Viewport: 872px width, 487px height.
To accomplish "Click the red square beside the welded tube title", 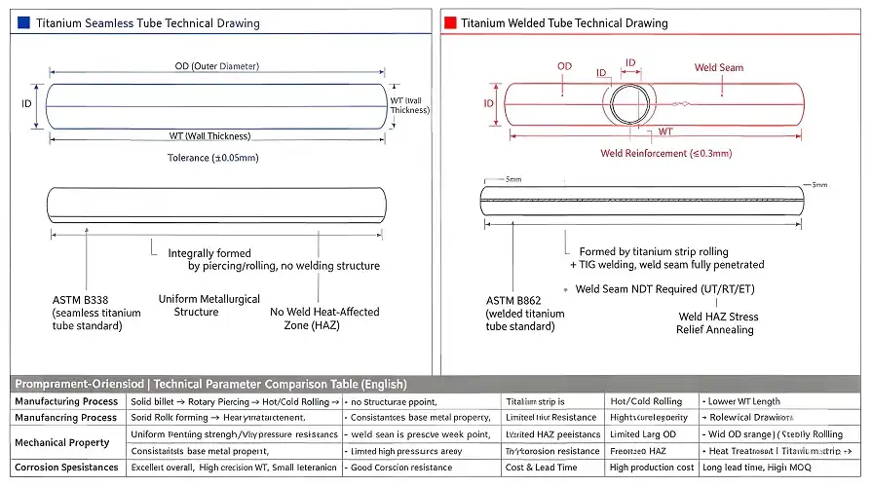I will [x=450, y=22].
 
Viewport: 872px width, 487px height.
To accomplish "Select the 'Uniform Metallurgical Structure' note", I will [x=209, y=306].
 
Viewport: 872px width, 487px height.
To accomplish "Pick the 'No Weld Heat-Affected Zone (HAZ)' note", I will [x=324, y=318].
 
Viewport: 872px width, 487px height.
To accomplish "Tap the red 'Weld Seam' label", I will [x=718, y=67].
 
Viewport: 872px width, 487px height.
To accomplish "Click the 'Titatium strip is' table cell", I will [x=535, y=401].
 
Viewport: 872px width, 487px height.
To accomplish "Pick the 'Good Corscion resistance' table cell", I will [x=401, y=468].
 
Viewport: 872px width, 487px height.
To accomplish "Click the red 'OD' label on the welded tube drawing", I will [x=564, y=66].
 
